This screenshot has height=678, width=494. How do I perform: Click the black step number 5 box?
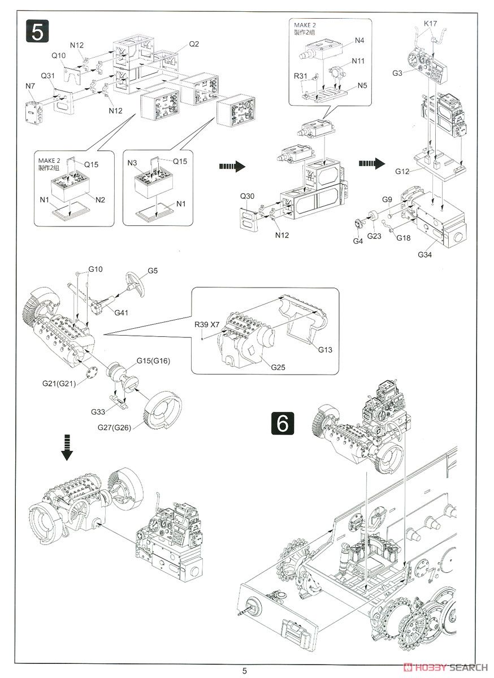tap(36, 31)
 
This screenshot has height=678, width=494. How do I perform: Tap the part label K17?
tap(431, 23)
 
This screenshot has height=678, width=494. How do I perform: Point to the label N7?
tap(31, 85)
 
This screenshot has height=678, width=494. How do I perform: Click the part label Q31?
tap(47, 76)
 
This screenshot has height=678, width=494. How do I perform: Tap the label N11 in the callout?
tap(358, 60)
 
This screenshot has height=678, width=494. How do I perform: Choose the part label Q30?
tap(248, 197)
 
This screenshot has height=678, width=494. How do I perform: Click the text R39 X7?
tap(207, 325)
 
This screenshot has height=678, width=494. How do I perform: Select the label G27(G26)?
tap(114, 427)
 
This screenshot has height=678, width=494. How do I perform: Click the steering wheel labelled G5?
tap(135, 282)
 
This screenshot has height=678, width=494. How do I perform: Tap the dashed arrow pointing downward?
tap(67, 447)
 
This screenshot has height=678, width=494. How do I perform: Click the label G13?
tap(325, 350)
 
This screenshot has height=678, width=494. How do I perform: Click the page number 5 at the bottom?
tap(245, 671)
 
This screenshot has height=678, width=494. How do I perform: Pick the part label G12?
tap(402, 171)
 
